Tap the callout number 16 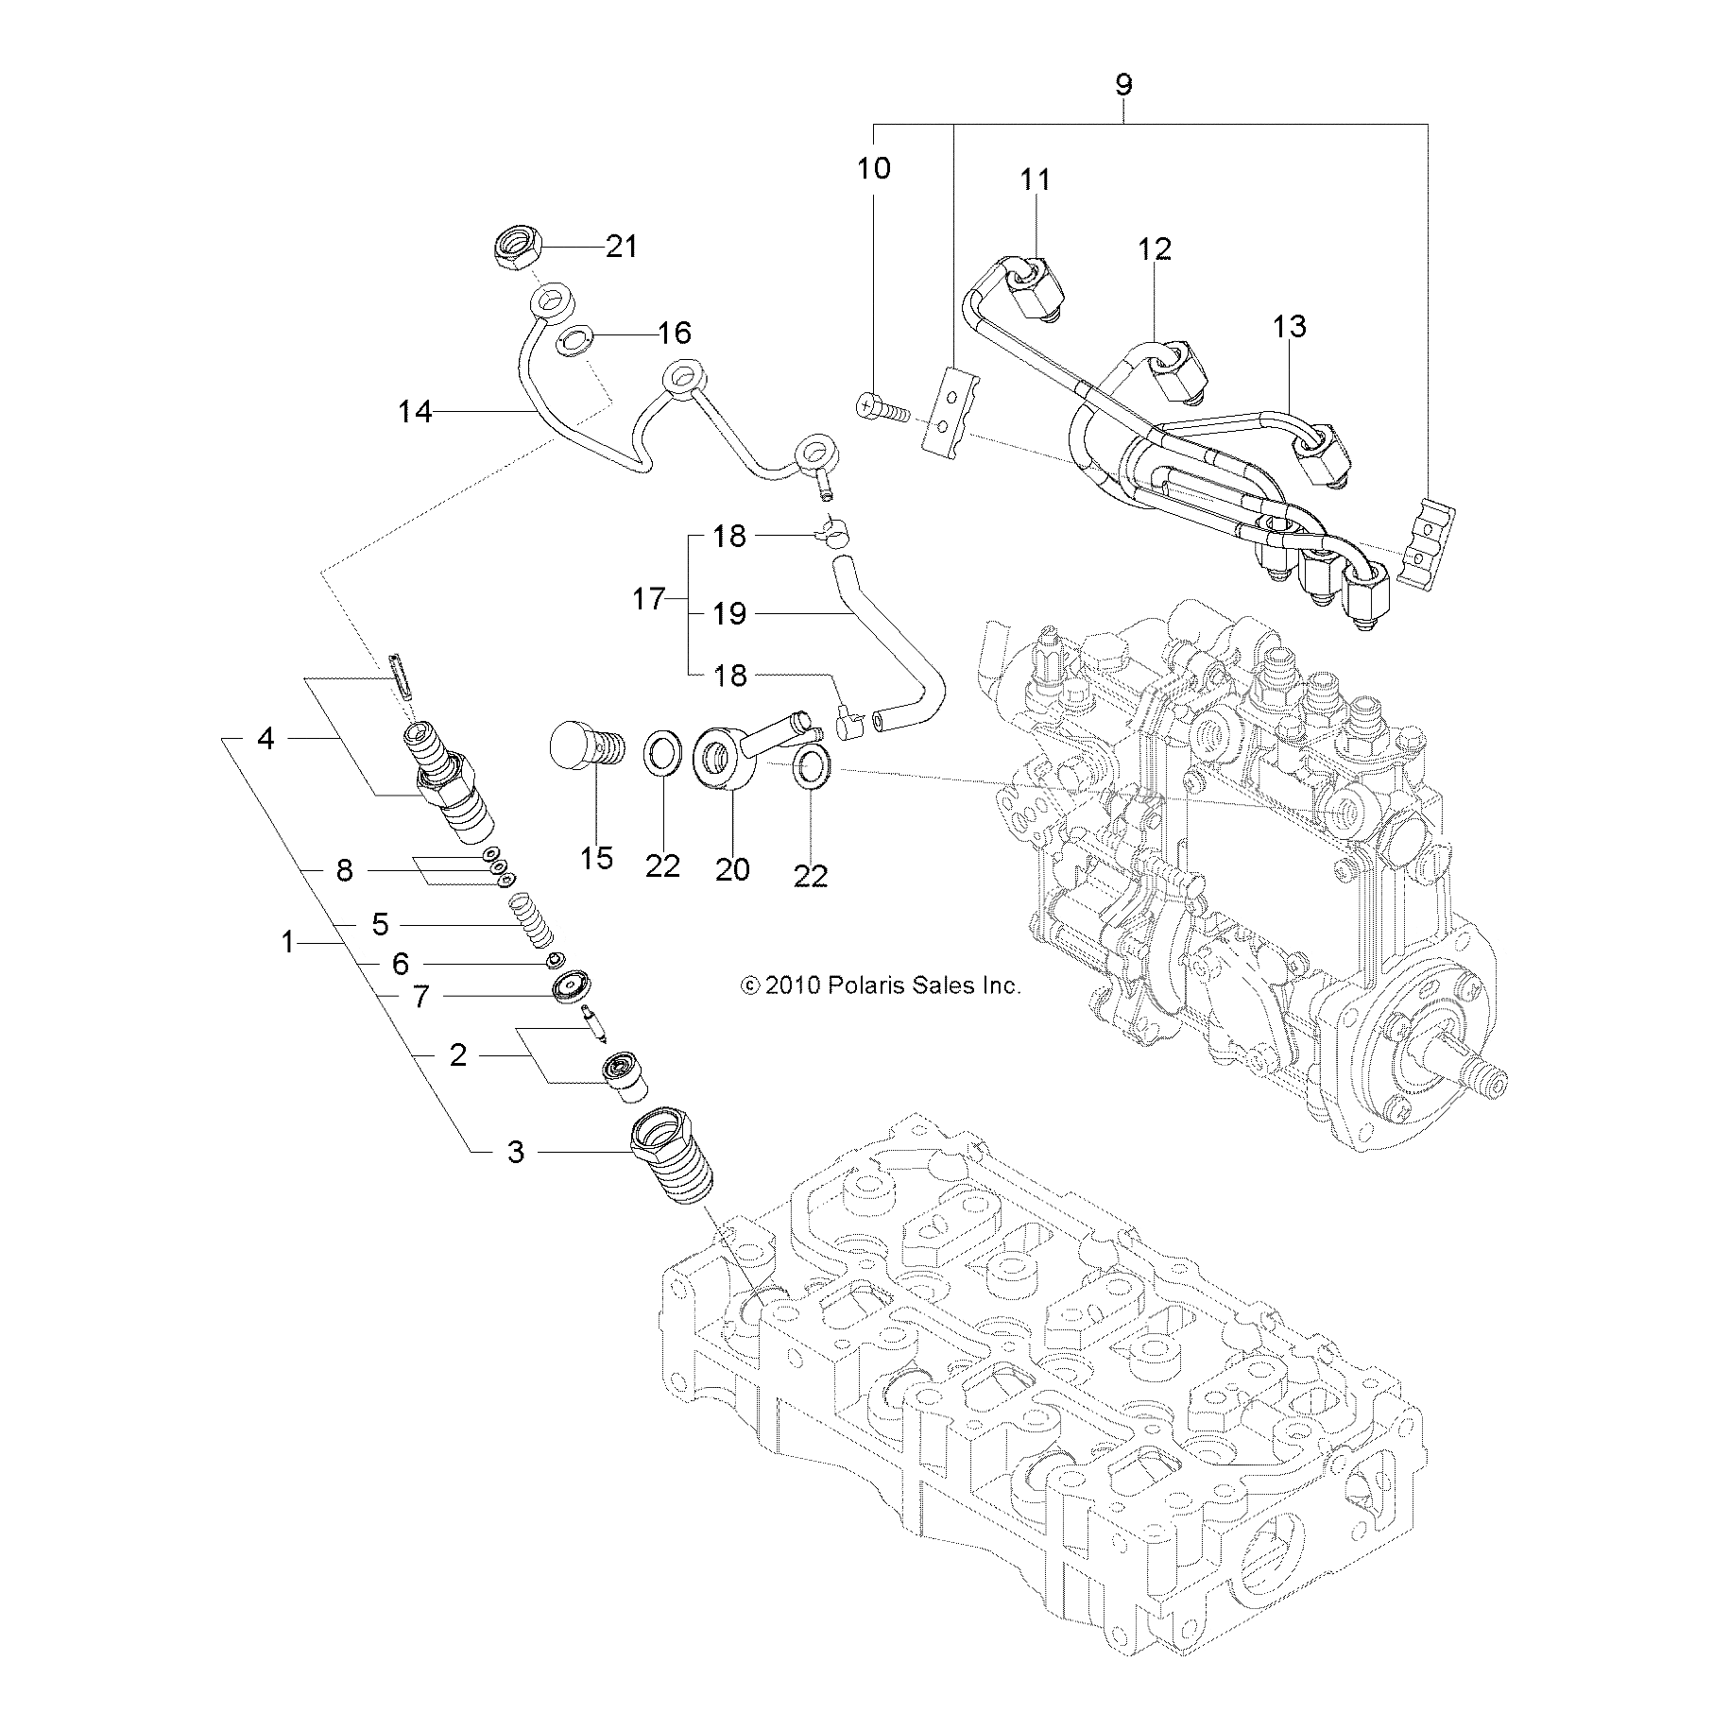(675, 333)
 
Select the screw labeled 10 (878, 409)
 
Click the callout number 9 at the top (1123, 85)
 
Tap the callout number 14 (415, 412)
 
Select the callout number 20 (732, 868)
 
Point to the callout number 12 (1155, 249)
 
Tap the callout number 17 (648, 599)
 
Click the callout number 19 (729, 614)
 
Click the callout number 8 (345, 870)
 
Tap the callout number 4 (265, 739)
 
